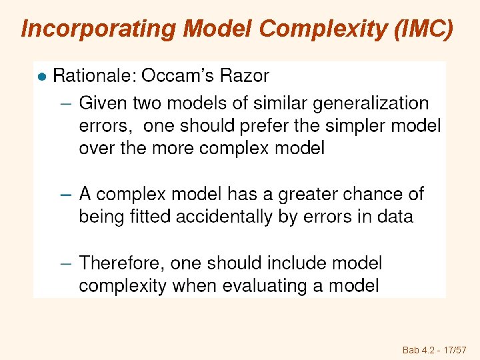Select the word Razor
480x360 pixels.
click(x=247, y=77)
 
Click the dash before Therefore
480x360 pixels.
click(x=65, y=264)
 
